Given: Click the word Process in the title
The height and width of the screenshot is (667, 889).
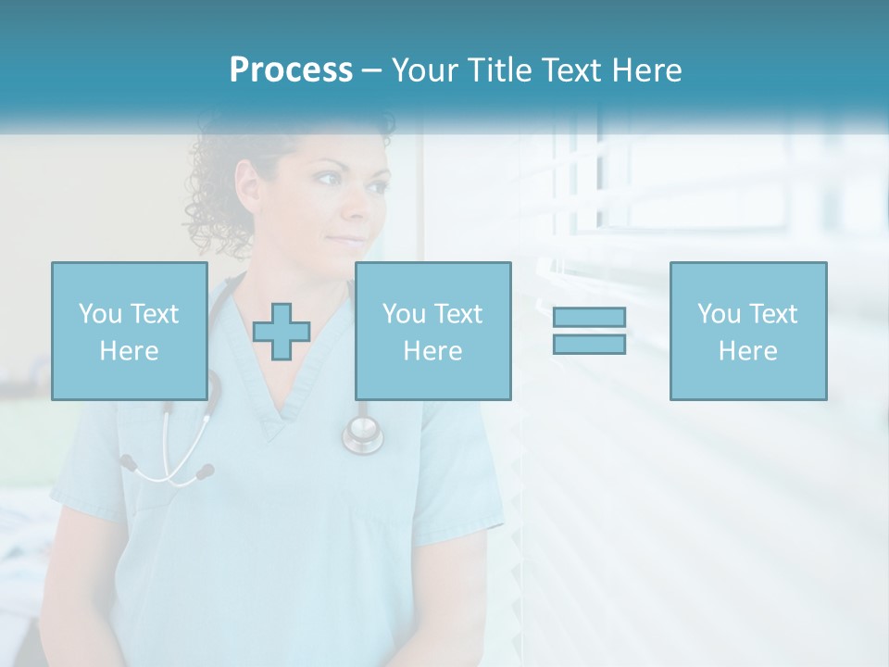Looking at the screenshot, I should click(x=291, y=70).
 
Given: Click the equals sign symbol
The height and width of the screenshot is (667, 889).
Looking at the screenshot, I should click(x=589, y=331).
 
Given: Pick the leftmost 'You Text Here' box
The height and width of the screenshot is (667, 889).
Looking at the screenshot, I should click(x=130, y=331).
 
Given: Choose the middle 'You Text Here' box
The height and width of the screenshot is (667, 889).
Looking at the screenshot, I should click(x=432, y=331).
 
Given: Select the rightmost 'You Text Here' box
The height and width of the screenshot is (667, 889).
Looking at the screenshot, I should click(x=747, y=331).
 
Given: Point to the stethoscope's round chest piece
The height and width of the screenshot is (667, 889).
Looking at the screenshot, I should click(x=362, y=433).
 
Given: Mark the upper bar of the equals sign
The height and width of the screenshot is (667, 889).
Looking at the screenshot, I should click(x=589, y=318).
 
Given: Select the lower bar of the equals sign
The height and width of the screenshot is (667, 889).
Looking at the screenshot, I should click(x=589, y=344).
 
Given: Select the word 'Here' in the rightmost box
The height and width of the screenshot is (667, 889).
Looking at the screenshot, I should click(x=747, y=351).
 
